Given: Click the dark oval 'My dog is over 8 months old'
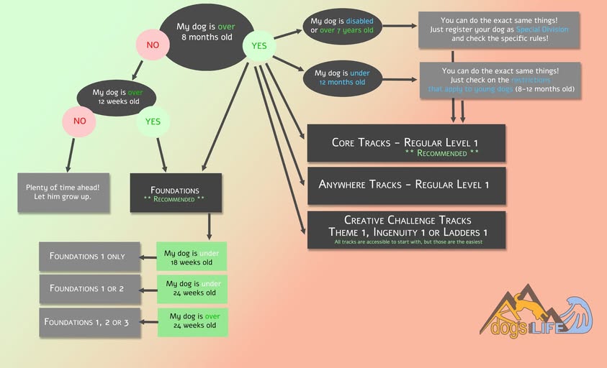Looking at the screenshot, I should click(x=206, y=37).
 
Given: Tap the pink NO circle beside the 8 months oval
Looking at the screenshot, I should click(x=153, y=45).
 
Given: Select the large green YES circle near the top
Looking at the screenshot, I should click(x=258, y=46).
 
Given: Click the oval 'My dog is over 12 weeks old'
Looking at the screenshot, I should click(x=119, y=97).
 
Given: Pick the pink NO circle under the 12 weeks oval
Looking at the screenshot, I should click(x=79, y=121).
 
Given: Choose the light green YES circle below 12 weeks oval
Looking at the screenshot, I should click(x=153, y=121).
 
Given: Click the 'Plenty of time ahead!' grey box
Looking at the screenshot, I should click(x=63, y=192).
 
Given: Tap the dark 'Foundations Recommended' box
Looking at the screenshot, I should click(x=175, y=193).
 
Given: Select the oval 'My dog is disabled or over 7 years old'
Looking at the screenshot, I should click(x=342, y=26).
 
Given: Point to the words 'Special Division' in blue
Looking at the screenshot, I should click(x=542, y=29).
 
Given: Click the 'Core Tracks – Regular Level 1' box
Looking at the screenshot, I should click(x=406, y=143).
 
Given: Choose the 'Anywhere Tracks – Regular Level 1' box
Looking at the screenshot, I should click(x=406, y=185).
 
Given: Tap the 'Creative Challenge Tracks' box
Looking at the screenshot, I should click(x=406, y=229).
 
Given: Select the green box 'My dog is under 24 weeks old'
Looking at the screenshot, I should click(x=192, y=288).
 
